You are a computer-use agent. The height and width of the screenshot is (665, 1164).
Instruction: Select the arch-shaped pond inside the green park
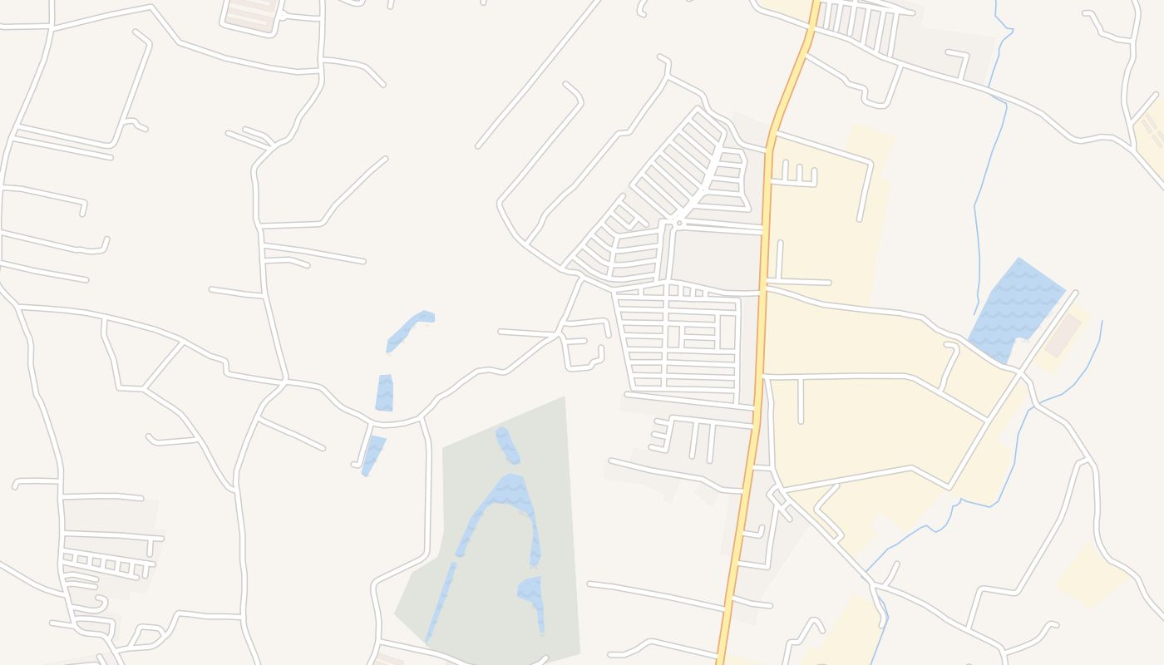507,499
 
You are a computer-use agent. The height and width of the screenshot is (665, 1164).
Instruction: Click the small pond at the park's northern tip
507,445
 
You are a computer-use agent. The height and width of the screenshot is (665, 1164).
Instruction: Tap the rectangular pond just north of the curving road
384,393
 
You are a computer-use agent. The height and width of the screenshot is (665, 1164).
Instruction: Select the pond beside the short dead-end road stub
373,454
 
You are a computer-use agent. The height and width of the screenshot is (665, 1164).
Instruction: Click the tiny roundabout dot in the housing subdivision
679,223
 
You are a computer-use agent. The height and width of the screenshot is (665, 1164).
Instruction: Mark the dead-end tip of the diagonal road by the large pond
1075,293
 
